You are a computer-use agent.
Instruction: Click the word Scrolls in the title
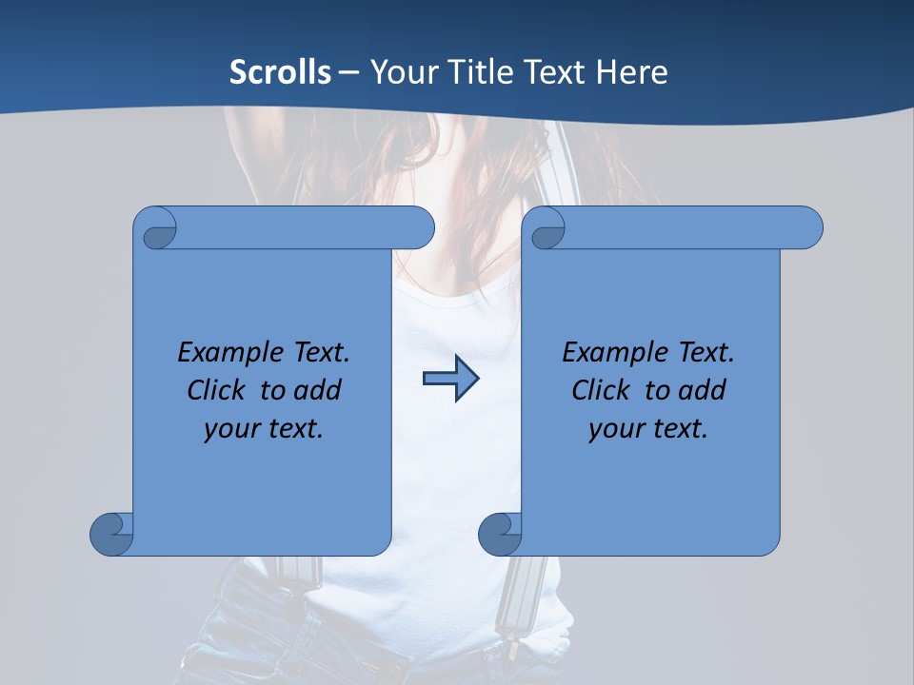281,72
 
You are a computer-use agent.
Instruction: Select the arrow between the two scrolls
450,379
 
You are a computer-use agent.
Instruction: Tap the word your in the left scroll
229,429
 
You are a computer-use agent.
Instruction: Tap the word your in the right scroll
614,429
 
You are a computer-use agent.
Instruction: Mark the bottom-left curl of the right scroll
500,533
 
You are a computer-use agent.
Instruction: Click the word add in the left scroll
318,390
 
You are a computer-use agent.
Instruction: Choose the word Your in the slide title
401,72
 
